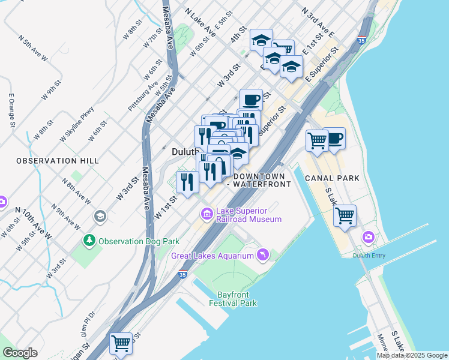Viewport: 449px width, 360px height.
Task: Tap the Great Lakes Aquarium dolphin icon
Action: point(262,256)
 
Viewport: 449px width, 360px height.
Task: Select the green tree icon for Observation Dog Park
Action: point(89,241)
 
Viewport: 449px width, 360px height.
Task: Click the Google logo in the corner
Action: point(20,353)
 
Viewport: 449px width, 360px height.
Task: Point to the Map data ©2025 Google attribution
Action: point(411,355)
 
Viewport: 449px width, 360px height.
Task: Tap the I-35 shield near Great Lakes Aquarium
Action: point(182,274)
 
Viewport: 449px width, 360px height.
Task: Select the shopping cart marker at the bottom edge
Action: point(121,344)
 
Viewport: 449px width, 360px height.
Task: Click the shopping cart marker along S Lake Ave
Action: point(345,215)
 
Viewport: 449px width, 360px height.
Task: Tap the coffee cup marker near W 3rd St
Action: point(251,99)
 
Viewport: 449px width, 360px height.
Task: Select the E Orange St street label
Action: point(11,110)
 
